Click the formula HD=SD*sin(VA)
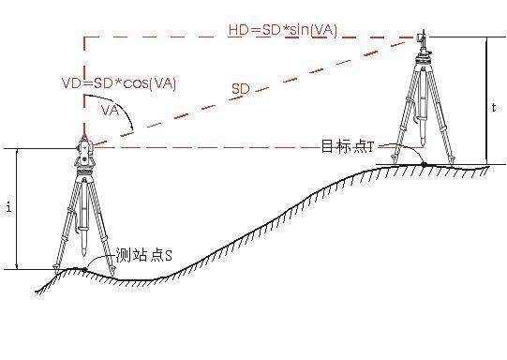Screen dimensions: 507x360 point(282,30)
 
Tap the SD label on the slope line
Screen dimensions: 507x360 point(241,88)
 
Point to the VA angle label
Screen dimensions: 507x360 point(112,111)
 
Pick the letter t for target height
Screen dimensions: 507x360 point(494,107)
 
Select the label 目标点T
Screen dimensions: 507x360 point(347,146)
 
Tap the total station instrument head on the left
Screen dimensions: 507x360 point(82,150)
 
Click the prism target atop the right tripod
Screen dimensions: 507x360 point(421,38)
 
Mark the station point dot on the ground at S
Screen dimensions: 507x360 point(85,270)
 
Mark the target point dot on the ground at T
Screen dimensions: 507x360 point(423,165)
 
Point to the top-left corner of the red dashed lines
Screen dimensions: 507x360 point(84,38)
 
